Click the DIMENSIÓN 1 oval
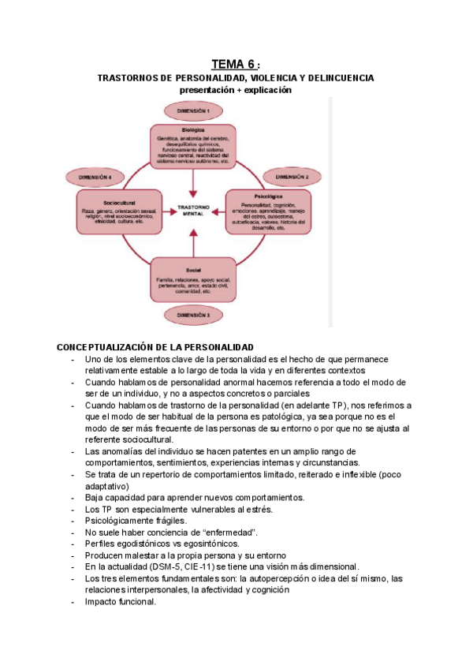[x=192, y=111]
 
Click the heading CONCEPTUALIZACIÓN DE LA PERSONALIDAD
[x=155, y=347]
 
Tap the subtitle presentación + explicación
[x=235, y=90]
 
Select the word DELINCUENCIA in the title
[x=342, y=78]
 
